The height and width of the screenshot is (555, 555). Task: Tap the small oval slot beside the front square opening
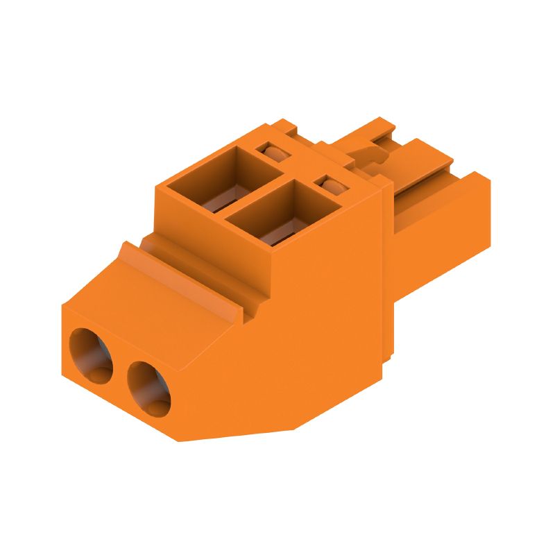point(331,186)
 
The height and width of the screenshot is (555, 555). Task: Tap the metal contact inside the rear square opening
point(215,201)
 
